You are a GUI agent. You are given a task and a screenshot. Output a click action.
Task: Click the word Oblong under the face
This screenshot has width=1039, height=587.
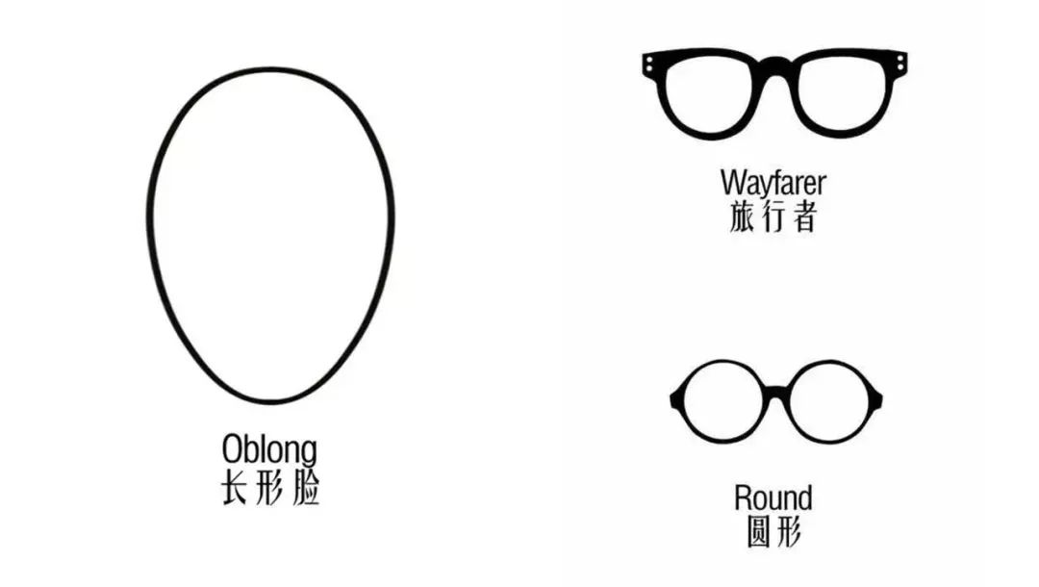269,449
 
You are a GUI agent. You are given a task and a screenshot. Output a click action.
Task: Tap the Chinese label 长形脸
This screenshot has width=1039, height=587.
270,488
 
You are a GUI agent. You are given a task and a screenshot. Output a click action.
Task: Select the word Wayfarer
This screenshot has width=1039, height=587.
773,182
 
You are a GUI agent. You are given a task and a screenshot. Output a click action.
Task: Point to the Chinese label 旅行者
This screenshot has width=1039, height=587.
773,217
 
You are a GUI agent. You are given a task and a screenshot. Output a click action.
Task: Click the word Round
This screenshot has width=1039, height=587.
773,498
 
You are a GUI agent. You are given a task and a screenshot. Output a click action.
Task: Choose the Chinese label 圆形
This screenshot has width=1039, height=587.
773,531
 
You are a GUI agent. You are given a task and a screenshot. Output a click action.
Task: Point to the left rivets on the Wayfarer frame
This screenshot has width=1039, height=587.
650,63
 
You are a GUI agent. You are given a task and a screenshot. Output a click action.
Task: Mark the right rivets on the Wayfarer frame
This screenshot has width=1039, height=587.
900,63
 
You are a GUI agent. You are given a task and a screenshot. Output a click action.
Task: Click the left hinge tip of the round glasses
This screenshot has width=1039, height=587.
672,398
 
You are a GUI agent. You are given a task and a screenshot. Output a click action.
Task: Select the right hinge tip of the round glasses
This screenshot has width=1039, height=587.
881,398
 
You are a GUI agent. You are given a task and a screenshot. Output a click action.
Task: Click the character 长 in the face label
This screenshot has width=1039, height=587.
236,488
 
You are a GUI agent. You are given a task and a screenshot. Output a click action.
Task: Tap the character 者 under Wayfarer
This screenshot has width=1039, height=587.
803,217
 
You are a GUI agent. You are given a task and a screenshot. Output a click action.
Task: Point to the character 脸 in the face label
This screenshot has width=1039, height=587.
306,488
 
